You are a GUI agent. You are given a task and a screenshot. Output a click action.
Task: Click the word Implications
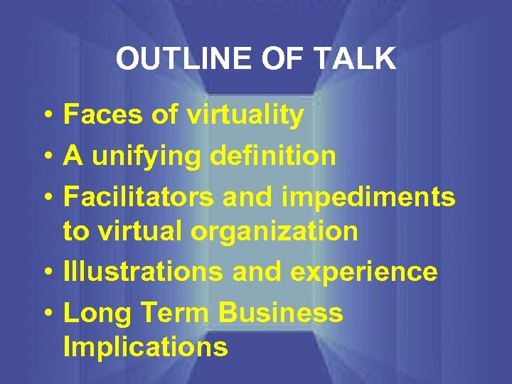click(x=146, y=348)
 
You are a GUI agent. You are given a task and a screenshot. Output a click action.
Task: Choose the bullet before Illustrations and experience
click(x=46, y=272)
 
